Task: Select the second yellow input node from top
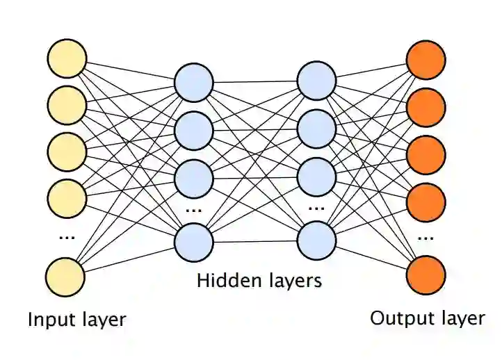click(x=67, y=105)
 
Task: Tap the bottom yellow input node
click(x=67, y=277)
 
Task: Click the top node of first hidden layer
click(x=194, y=82)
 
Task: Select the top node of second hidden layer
click(x=316, y=82)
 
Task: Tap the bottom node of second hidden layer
click(x=316, y=241)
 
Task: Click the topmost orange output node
click(x=426, y=60)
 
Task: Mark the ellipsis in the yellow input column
click(x=67, y=237)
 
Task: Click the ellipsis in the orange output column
click(x=426, y=237)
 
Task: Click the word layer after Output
click(x=458, y=319)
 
